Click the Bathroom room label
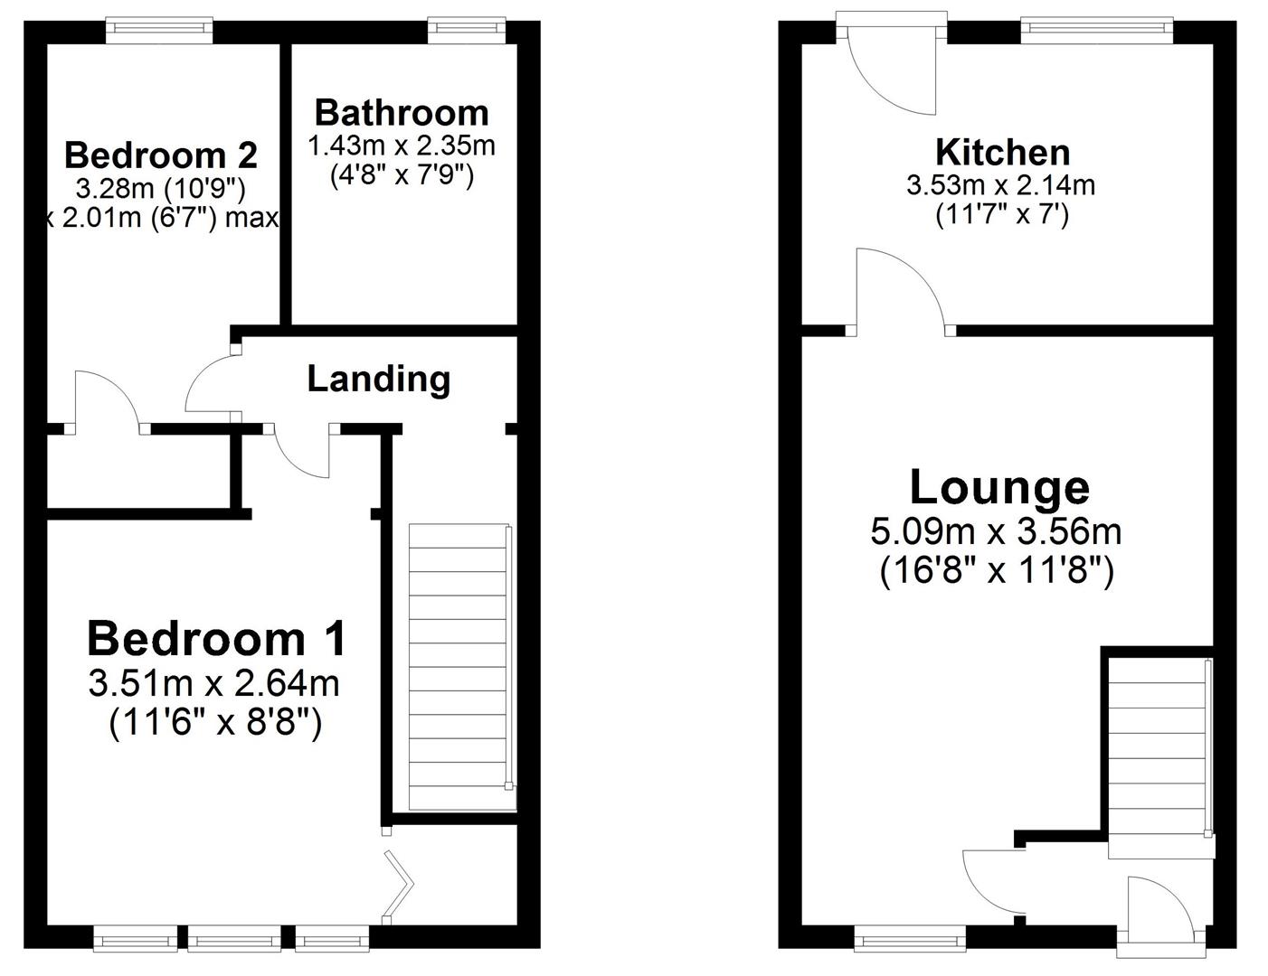point(402,113)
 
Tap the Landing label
point(378,379)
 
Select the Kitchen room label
point(1002,152)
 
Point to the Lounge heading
point(998,487)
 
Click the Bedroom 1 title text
point(216,639)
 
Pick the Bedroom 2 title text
point(161,155)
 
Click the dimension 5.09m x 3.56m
point(996,531)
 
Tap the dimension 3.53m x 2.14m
point(1000,185)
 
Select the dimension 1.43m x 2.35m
point(402,145)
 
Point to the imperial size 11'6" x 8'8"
point(215,723)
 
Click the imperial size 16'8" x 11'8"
point(996,571)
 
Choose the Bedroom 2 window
point(159,31)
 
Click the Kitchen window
point(1097,31)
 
